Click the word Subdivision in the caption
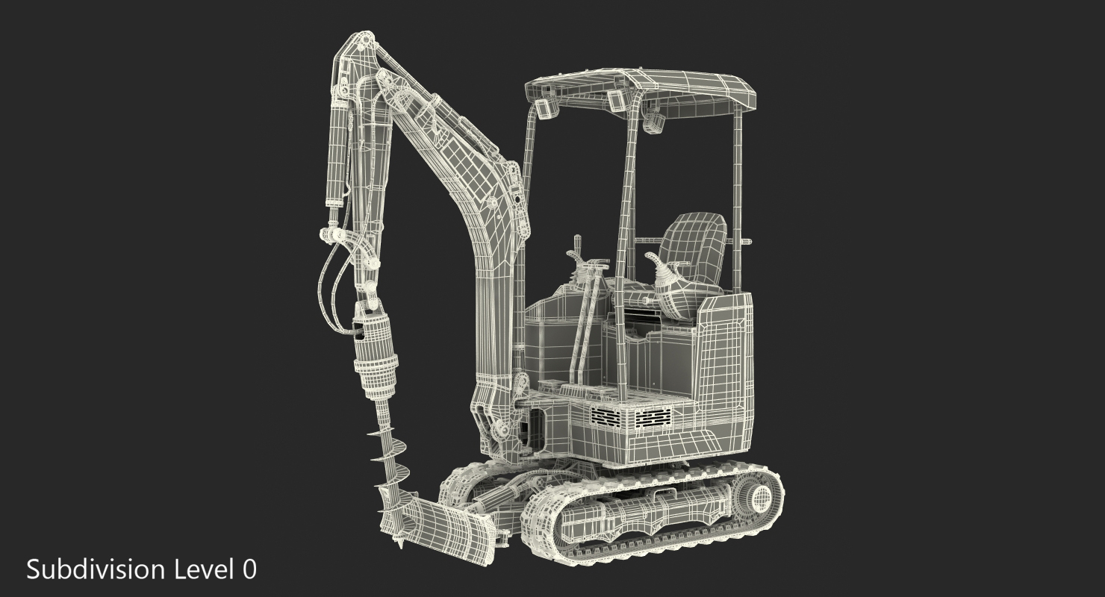(x=96, y=569)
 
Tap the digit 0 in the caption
(x=249, y=570)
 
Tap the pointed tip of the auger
(x=399, y=546)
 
